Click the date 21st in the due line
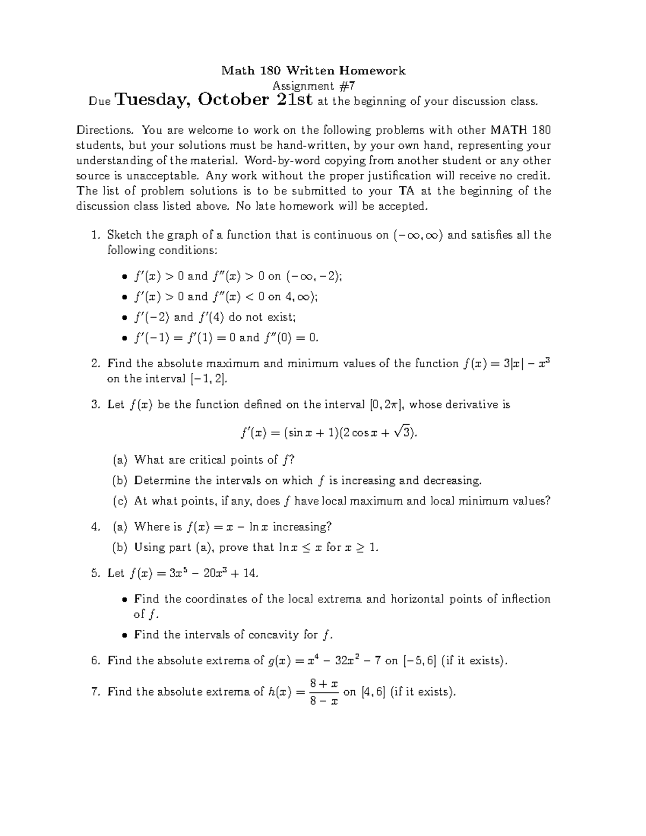pos(294,100)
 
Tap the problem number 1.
pos(95,235)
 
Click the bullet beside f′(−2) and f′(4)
pos(124,318)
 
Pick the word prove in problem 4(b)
pos(233,548)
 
